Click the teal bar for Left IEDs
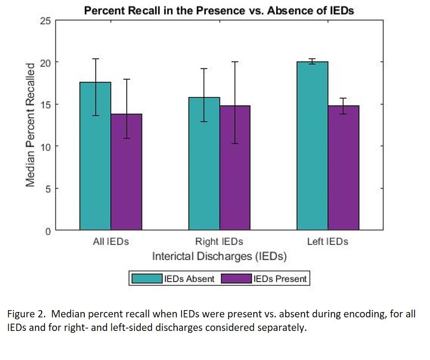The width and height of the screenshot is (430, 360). (x=312, y=146)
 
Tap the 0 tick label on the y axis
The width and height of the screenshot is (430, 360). (x=47, y=231)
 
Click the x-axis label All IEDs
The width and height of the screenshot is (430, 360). (x=111, y=241)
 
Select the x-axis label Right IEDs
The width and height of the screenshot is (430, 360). (x=219, y=241)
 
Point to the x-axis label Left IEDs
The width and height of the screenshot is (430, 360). (x=328, y=241)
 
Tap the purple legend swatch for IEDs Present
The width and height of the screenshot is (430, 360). (x=236, y=279)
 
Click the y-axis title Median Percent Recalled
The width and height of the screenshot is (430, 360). (x=31, y=125)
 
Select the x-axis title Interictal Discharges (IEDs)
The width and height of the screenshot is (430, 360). (x=219, y=256)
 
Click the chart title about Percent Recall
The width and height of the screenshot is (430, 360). (x=219, y=10)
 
